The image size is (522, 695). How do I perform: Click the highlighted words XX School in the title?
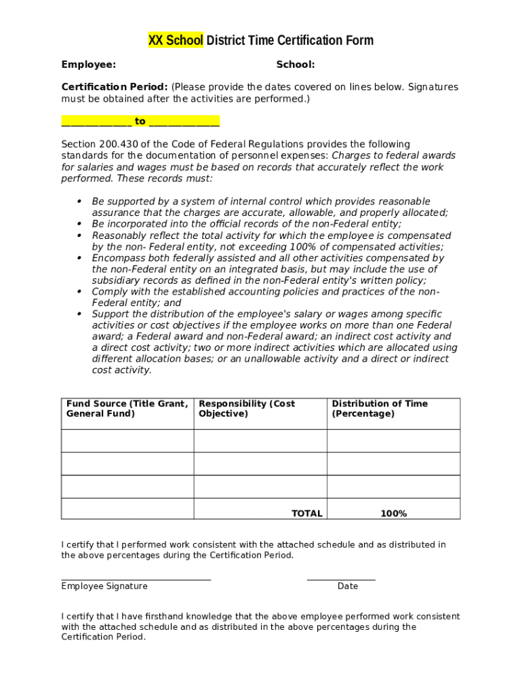tap(176, 41)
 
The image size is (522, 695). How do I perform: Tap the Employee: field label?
tap(88, 64)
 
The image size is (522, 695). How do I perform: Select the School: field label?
tap(295, 64)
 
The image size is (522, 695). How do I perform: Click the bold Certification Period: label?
tap(115, 87)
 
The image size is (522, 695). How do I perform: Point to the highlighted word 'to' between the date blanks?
tap(140, 121)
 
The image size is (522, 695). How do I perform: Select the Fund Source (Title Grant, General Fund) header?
tap(127, 409)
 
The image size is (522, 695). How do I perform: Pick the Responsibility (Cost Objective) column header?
tap(247, 409)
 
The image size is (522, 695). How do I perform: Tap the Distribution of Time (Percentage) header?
tap(380, 409)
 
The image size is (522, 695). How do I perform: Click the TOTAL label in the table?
tap(306, 514)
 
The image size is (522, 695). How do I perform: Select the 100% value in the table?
tap(393, 514)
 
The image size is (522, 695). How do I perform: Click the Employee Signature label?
tap(104, 586)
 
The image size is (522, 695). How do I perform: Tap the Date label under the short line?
tap(348, 586)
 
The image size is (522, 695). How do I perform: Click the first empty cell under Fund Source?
tap(127, 440)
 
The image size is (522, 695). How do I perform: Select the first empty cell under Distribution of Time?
tap(393, 440)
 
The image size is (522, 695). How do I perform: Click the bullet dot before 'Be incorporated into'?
tap(79, 224)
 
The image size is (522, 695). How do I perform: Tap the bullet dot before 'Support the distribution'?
tap(79, 314)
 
